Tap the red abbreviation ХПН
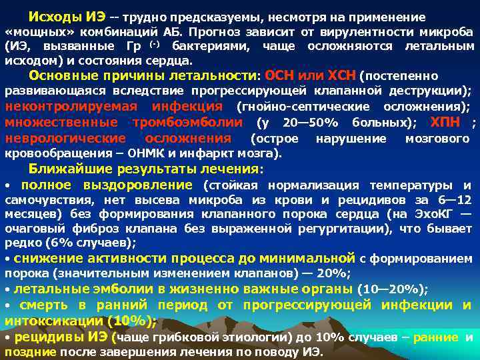tap(445, 123)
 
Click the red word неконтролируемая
tap(71, 107)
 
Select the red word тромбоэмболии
tap(188, 123)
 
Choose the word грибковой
tap(175, 337)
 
